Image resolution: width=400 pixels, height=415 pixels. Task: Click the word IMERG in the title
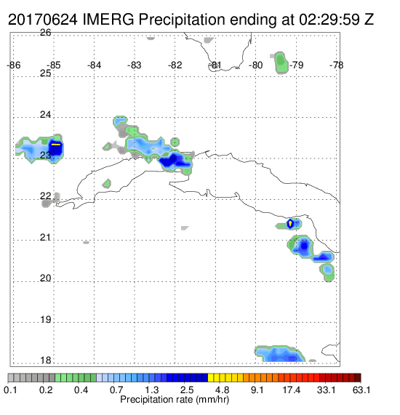tap(108, 20)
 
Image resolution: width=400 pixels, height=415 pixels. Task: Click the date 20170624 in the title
tap(43, 20)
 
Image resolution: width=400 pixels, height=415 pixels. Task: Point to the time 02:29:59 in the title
tap(329, 20)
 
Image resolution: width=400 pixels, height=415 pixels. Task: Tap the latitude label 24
tap(46, 115)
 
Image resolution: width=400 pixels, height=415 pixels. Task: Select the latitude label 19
tap(46, 320)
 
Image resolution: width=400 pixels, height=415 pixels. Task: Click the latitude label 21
tap(46, 238)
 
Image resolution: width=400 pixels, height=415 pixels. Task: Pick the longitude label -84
tap(95, 65)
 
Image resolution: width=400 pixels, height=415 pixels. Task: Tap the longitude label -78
tap(337, 65)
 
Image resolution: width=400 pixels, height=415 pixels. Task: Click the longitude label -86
tap(14, 65)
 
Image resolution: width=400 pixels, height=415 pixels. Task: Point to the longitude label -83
tap(135, 65)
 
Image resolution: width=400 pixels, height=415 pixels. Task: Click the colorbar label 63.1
tap(361, 390)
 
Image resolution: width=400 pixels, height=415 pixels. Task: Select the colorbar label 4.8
tap(222, 390)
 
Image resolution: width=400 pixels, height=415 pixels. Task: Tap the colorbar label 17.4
tap(292, 390)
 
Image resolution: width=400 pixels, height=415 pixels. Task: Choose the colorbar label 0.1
tap(11, 390)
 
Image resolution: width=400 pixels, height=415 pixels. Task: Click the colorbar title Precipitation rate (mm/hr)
tap(175, 400)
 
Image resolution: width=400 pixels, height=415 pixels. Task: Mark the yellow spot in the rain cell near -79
tap(290, 224)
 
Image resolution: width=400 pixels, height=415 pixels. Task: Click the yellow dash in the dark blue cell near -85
tap(56, 145)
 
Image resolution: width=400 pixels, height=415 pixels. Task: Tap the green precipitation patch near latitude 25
tap(281, 63)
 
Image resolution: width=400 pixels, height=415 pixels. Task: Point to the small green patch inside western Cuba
tap(107, 183)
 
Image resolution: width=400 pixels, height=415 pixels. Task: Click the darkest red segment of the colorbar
tap(358, 378)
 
